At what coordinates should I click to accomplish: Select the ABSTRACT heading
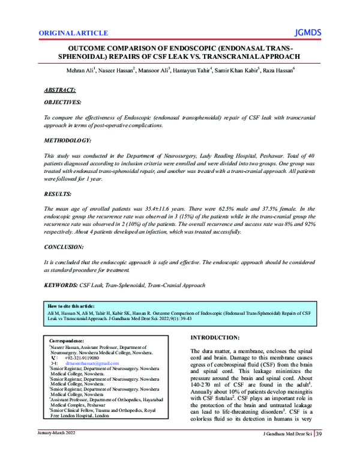point(60,89)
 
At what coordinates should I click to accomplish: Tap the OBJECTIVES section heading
point(67,103)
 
